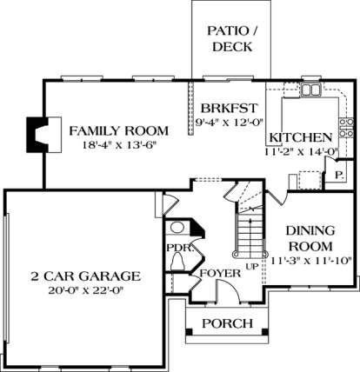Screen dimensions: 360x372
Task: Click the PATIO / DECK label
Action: point(232,39)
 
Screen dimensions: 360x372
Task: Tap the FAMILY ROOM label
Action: point(118,131)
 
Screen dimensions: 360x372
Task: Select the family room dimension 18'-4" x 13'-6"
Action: point(118,145)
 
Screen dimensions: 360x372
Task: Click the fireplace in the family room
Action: point(43,135)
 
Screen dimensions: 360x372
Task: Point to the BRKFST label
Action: point(229,109)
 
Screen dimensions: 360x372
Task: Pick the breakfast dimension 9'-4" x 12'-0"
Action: point(229,123)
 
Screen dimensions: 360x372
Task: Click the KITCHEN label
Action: point(301,137)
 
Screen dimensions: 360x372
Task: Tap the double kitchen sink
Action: point(310,90)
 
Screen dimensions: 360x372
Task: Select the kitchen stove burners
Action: point(346,128)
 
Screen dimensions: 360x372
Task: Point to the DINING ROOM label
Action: point(310,239)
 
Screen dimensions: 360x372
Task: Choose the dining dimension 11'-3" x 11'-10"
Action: point(311,261)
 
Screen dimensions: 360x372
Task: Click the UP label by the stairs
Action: point(252,266)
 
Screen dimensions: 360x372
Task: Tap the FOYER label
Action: point(220,273)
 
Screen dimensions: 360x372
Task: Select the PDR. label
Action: point(180,248)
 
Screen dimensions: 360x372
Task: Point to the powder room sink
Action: point(177,227)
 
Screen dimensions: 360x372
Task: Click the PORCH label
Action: point(227,323)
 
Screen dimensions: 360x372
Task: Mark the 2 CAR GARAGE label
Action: point(85,276)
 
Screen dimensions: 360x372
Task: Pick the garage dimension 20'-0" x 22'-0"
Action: point(86,290)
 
